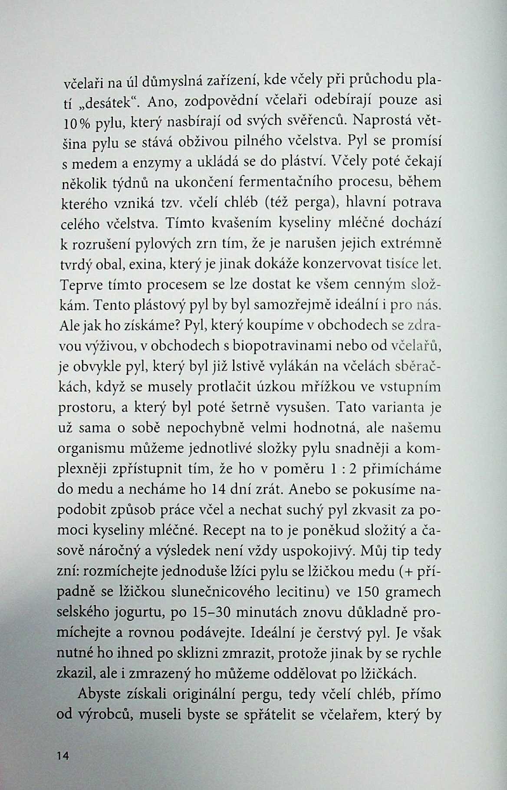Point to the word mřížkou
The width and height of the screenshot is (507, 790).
point(313,387)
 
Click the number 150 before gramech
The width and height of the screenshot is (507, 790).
point(372,593)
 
